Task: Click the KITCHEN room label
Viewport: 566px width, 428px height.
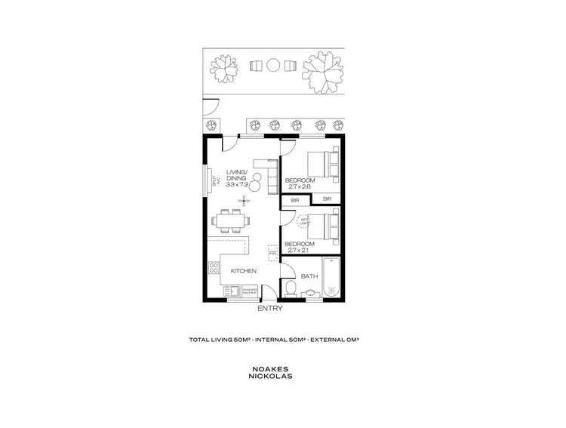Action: point(244,271)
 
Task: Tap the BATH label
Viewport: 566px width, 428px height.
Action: point(309,276)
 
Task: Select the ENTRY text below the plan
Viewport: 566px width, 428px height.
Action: point(269,308)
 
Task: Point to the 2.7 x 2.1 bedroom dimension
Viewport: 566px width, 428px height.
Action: point(297,250)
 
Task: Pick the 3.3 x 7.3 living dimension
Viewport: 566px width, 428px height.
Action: point(236,184)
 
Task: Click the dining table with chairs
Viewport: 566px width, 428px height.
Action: point(231,220)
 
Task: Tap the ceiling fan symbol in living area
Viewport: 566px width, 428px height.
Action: point(243,200)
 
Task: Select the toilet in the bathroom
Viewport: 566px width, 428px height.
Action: point(291,289)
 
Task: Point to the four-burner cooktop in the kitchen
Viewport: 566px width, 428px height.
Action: point(214,267)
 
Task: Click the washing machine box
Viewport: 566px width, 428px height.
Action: point(251,291)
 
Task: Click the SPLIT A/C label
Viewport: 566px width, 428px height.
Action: point(214,182)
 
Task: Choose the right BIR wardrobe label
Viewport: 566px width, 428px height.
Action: point(328,199)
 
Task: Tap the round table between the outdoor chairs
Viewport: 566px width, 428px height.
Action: point(273,66)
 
